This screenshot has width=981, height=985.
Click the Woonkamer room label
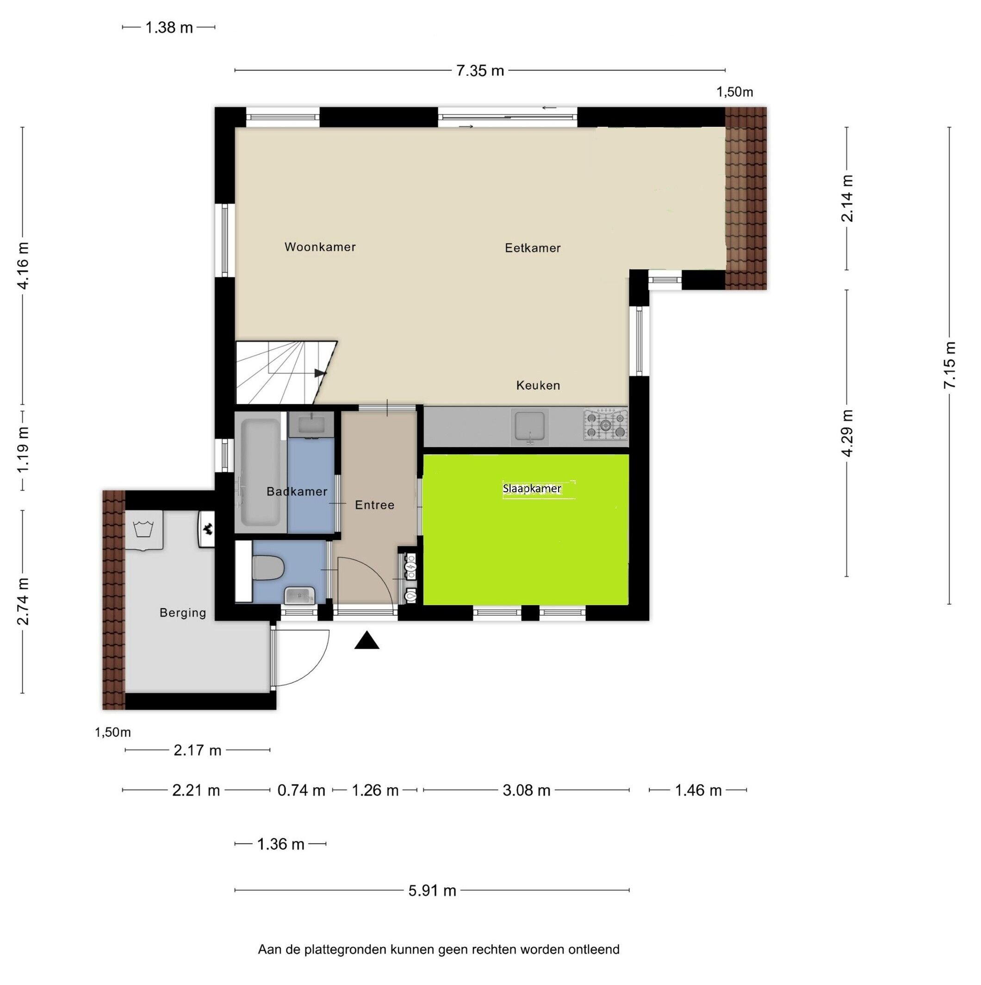[320, 247]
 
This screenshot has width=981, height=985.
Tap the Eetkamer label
[532, 248]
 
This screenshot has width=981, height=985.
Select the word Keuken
[538, 385]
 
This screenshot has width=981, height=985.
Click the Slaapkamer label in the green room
[532, 489]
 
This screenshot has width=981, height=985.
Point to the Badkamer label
[297, 491]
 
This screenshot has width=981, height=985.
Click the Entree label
[375, 505]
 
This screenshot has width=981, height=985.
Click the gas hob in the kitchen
[606, 424]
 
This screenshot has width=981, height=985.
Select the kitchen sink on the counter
[530, 426]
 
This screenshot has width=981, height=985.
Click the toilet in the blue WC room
[267, 568]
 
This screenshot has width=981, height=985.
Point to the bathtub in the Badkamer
[260, 472]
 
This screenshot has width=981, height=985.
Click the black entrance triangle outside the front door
[366, 640]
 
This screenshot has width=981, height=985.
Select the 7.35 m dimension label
[480, 70]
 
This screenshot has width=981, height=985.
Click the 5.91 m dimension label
[432, 891]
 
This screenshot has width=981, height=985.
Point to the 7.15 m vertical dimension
[949, 365]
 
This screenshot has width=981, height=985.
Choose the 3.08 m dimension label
[526, 790]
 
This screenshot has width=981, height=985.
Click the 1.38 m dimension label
[169, 28]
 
